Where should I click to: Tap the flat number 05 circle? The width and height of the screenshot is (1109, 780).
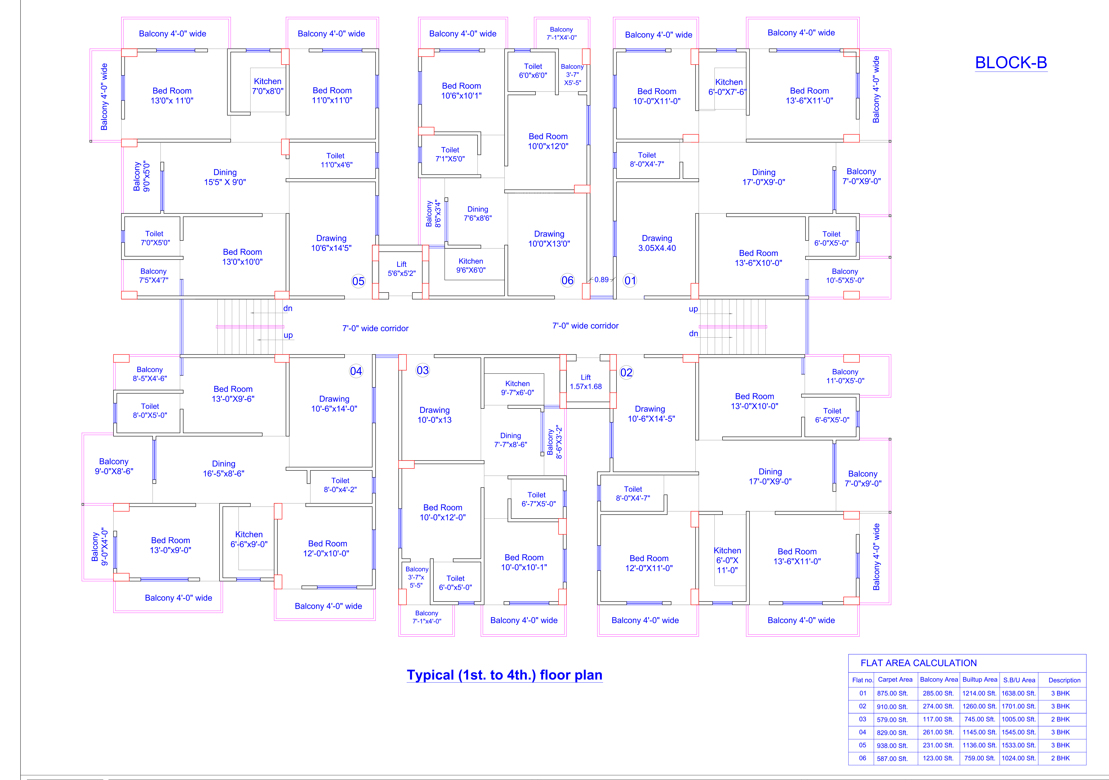(358, 281)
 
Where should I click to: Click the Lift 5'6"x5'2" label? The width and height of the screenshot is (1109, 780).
(401, 269)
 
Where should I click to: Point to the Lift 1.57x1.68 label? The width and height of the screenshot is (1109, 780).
(585, 382)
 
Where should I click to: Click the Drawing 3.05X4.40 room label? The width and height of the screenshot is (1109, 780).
(657, 243)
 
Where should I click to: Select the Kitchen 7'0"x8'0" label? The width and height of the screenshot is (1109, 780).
(268, 86)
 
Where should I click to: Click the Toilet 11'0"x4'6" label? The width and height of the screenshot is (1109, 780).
(336, 160)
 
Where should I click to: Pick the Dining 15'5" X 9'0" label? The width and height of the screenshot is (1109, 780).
(225, 177)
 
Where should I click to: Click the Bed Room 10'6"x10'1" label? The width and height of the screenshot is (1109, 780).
(461, 90)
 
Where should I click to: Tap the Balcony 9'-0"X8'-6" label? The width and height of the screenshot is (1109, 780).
(114, 466)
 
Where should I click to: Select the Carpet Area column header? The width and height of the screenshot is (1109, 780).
(895, 679)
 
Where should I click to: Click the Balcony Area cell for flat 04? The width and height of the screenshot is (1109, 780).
(938, 732)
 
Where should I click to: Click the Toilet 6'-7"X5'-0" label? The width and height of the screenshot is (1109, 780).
(538, 499)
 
